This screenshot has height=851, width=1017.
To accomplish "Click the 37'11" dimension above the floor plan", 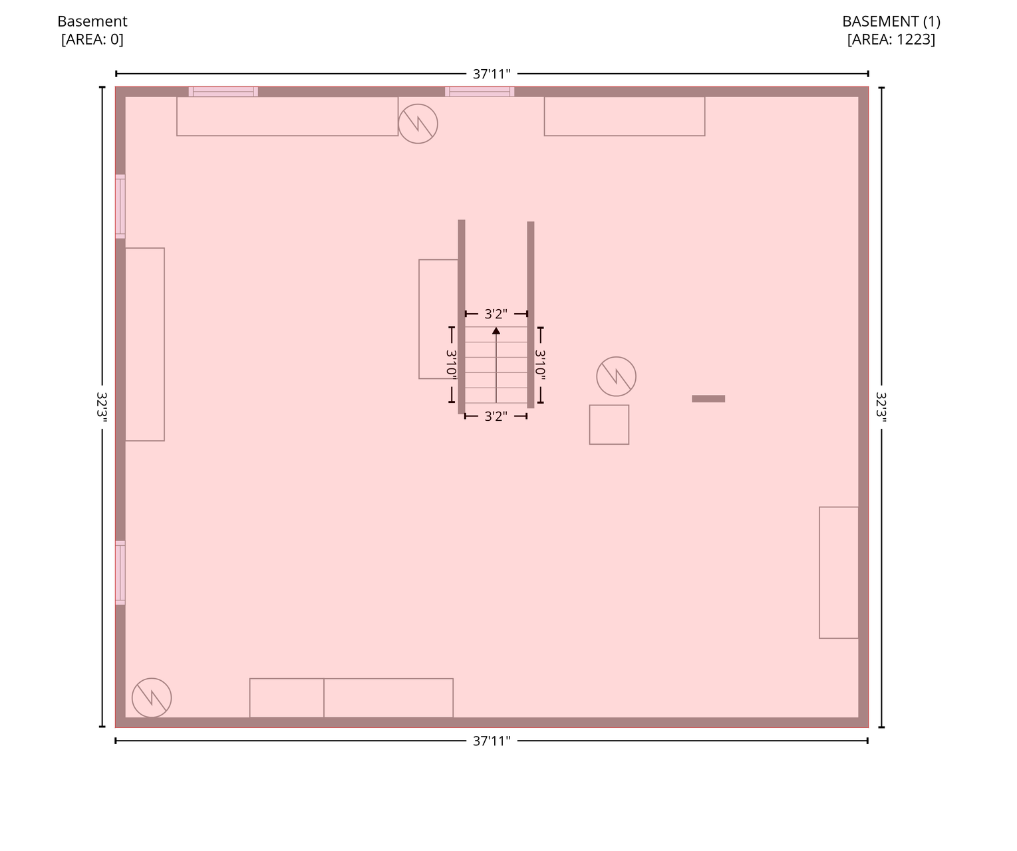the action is pos(492,74).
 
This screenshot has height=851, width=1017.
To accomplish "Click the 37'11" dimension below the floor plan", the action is pos(492,741).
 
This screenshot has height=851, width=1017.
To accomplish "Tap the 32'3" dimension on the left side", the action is pos(102,407).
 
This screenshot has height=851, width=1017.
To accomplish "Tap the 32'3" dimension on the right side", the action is pos(881,407).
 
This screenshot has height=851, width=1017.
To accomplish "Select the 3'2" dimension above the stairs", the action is pos(496,314).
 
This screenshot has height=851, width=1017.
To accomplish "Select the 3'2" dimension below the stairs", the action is pos(496,416).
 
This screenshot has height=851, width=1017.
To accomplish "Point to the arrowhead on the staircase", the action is pos(496,331).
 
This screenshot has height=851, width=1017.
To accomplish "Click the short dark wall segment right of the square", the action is pos(708,399).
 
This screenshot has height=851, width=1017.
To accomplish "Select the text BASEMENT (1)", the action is pos(891,21).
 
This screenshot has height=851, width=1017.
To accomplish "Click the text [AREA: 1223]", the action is pos(891,39).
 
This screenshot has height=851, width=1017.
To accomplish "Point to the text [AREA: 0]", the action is pos(92,39).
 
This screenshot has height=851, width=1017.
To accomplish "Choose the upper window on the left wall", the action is pos(120,206).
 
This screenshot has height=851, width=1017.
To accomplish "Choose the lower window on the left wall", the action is pos(120,572).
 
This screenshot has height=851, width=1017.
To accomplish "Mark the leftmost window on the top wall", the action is pos(223,92).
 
